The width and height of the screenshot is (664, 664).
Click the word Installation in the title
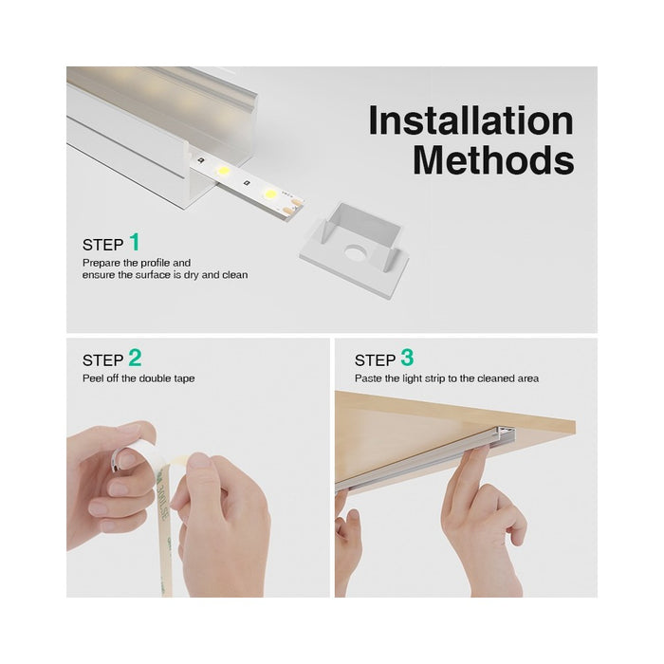click(470, 121)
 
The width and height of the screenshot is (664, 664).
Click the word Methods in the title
click(493, 159)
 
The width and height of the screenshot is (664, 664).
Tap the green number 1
click(135, 242)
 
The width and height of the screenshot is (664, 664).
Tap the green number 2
click(135, 358)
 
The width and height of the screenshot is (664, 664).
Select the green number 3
click(407, 358)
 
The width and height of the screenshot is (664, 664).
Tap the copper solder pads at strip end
click(296, 201)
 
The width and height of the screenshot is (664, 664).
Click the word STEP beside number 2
click(102, 360)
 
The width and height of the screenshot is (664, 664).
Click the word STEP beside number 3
click(375, 360)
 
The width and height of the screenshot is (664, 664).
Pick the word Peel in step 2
click(92, 378)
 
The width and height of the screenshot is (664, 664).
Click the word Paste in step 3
click(368, 378)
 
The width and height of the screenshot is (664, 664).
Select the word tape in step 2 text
click(185, 378)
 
